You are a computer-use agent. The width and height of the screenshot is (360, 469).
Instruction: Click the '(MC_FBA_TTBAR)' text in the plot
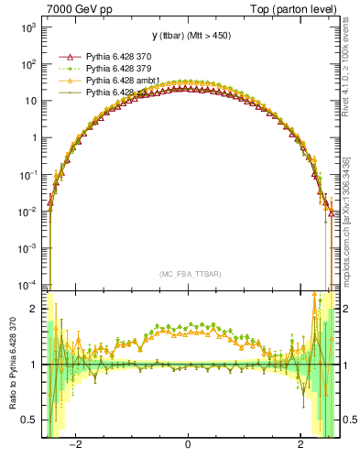[188, 274]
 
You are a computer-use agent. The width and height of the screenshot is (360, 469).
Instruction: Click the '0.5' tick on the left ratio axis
[30, 420]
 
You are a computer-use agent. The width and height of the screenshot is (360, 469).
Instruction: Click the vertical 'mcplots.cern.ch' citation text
[354, 229]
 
